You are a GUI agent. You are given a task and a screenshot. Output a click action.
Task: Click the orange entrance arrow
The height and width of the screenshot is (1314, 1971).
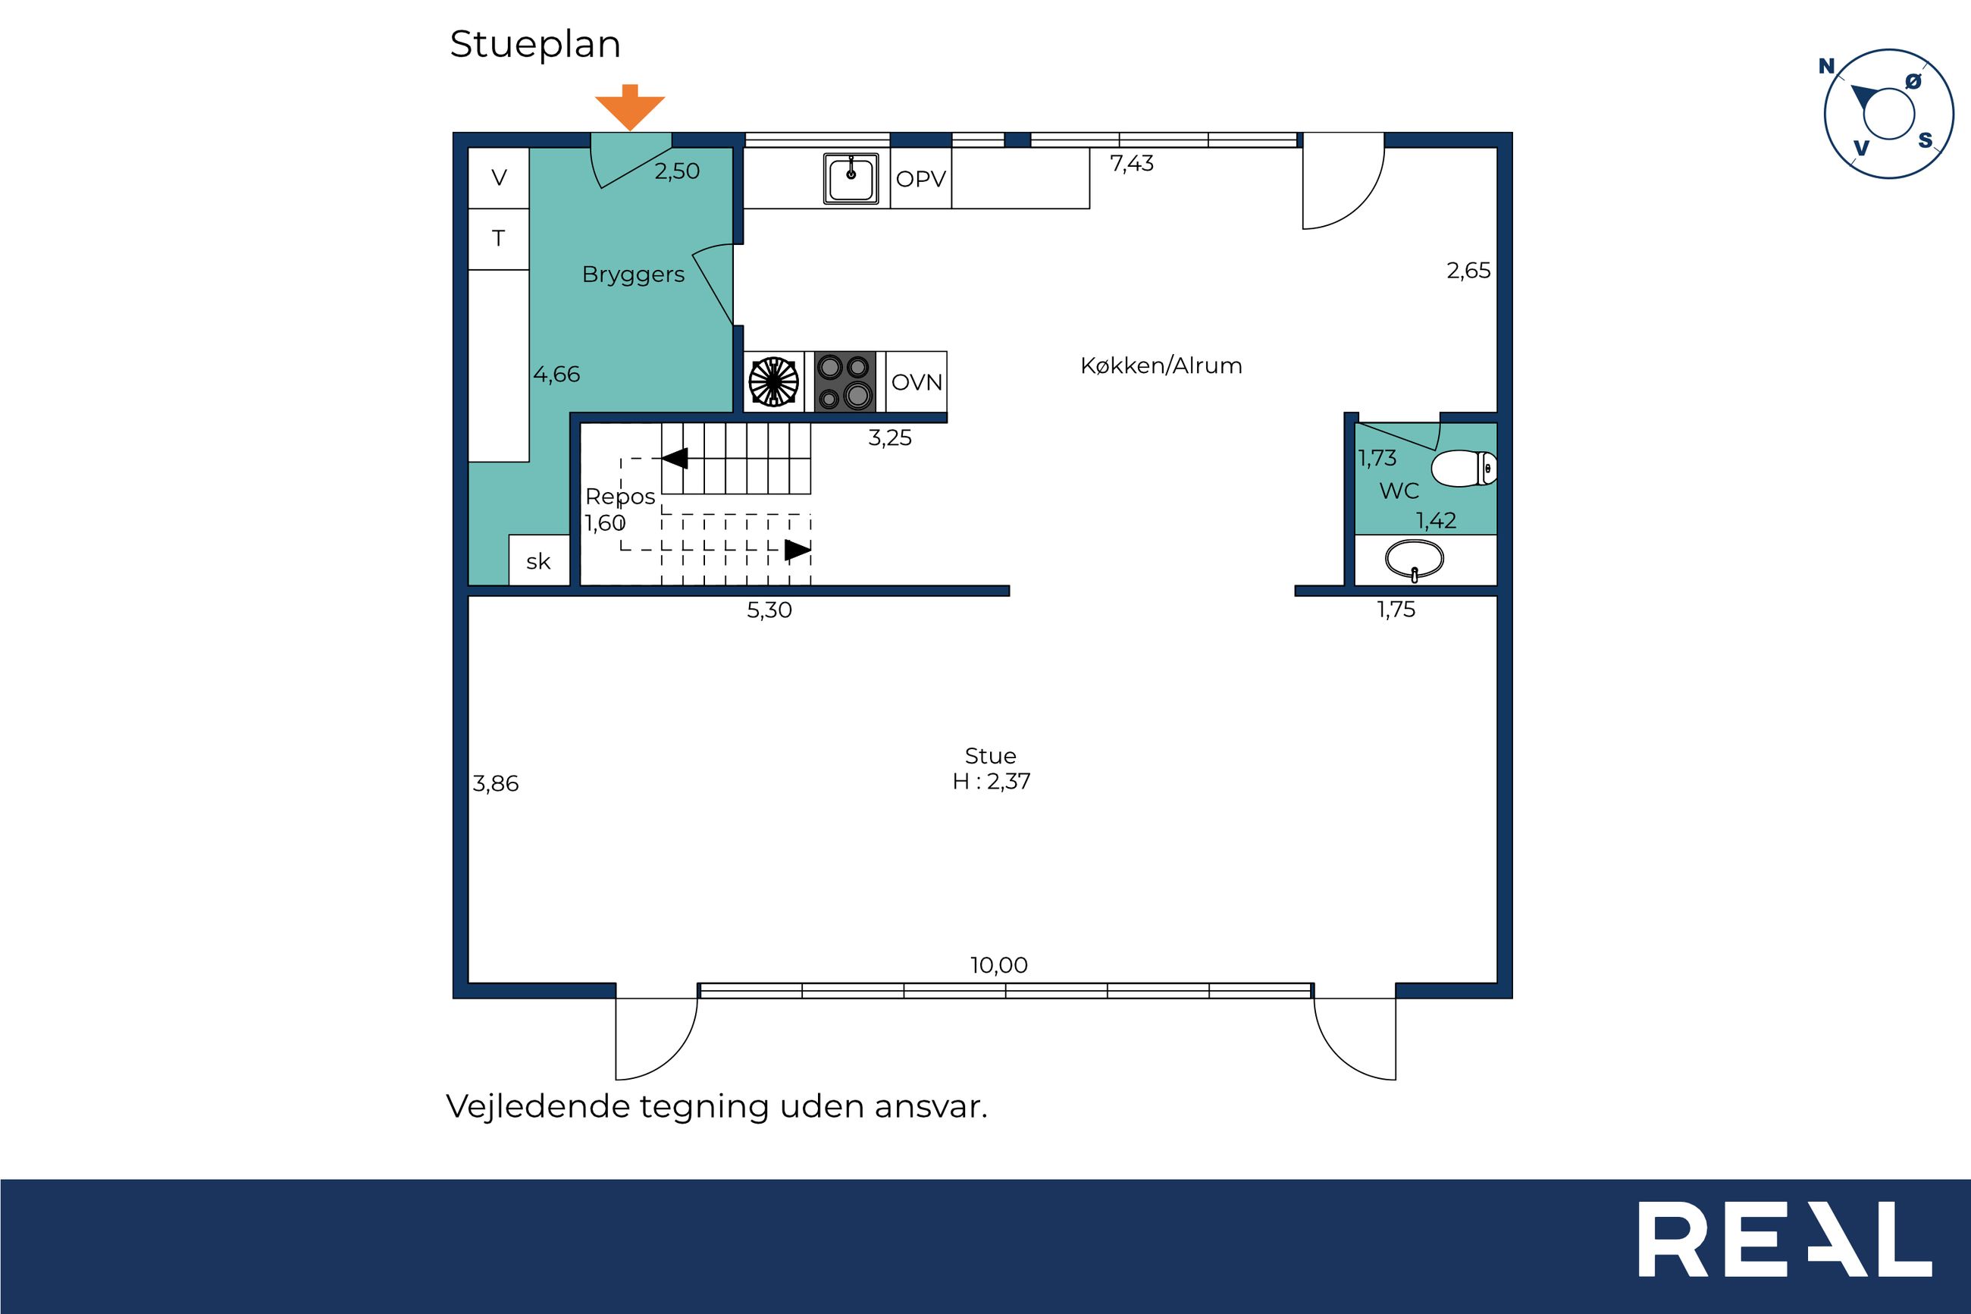pyautogui.click(x=630, y=107)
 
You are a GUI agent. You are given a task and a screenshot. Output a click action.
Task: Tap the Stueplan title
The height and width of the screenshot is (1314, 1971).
pyautogui.click(x=535, y=45)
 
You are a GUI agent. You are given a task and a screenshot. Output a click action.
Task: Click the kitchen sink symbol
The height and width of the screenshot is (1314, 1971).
pyautogui.click(x=851, y=177)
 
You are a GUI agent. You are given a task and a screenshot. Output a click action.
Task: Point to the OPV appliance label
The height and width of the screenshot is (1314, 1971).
pyautogui.click(x=920, y=178)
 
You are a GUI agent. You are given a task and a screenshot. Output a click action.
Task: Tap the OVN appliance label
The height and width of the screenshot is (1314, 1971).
pyautogui.click(x=917, y=382)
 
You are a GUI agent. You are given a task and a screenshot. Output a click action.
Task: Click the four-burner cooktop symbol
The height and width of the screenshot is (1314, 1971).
pyautogui.click(x=845, y=381)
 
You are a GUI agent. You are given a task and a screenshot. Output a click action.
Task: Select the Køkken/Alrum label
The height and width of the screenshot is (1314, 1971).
pyautogui.click(x=1161, y=365)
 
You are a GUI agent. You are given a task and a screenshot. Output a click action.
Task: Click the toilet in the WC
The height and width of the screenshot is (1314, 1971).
pyautogui.click(x=1464, y=469)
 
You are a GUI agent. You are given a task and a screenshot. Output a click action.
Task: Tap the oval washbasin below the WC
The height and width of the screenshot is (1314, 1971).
pyautogui.click(x=1414, y=560)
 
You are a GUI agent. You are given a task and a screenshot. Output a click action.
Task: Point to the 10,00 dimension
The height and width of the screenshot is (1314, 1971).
pyautogui.click(x=998, y=964)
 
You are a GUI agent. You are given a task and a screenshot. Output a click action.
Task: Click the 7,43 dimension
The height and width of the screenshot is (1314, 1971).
pyautogui.click(x=1132, y=164)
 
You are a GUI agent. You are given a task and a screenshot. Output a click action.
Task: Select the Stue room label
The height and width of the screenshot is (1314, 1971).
pyautogui.click(x=990, y=756)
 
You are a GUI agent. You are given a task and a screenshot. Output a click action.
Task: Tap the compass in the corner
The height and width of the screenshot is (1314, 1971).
pyautogui.click(x=1889, y=113)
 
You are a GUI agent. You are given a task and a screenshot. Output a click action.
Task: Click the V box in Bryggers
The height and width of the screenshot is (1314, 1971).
pyautogui.click(x=498, y=177)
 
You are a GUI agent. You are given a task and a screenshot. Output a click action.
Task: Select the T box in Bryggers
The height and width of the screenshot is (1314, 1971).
pyautogui.click(x=498, y=239)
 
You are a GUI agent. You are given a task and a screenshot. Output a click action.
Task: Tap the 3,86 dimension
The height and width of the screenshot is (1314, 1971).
pyautogui.click(x=496, y=783)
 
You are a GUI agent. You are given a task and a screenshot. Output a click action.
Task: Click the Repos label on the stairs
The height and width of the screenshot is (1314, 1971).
pyautogui.click(x=620, y=497)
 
